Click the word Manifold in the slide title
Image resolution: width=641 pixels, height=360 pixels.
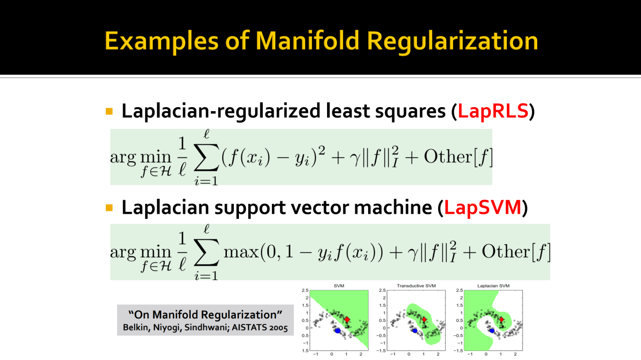307,41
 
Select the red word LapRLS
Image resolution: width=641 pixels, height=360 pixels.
493,111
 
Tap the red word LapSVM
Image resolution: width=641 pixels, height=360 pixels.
482,207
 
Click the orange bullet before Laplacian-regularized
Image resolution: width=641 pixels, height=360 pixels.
109,111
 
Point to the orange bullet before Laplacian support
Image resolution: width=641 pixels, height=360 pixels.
109,208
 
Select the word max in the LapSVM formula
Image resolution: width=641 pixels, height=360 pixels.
241,252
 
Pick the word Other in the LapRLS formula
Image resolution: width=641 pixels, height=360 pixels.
448,157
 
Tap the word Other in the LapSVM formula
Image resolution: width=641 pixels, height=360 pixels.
506,252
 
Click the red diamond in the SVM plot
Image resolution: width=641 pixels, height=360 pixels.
347,319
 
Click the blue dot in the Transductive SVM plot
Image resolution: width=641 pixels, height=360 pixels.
415,331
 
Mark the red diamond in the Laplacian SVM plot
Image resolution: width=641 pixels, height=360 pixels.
501,319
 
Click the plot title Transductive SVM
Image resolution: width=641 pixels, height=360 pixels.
416,286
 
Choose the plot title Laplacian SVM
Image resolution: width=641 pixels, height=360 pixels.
493,286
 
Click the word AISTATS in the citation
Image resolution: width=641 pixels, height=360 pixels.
249,327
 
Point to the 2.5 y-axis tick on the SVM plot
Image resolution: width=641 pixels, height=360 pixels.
305,290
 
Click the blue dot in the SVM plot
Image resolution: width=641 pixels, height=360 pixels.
338,331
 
